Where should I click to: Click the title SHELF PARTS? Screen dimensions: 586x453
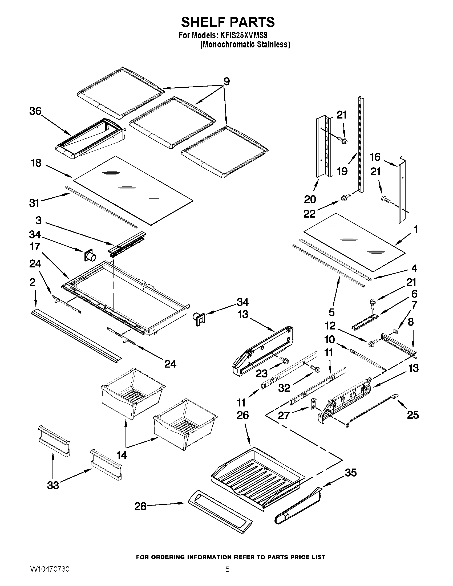pos(228,22)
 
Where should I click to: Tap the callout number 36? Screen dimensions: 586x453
pos(35,111)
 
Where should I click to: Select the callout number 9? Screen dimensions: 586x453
pos(227,81)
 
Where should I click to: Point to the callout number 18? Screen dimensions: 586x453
pos(36,163)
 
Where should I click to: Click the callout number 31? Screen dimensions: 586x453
pos(34,203)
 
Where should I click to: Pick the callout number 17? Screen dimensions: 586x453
pos(35,246)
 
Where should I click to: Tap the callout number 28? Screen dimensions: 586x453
pos(140,506)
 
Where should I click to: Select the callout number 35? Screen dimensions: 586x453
pos(351,473)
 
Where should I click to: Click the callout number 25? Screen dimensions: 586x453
pos(413,415)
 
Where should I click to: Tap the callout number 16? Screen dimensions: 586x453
pos(375,157)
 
